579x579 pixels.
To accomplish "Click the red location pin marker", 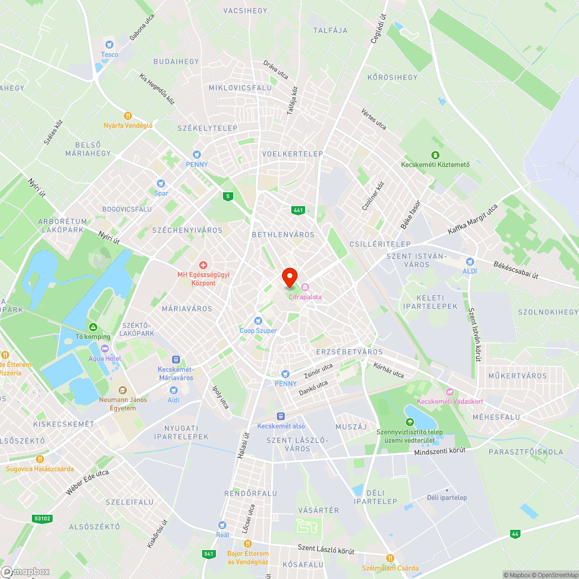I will pyautogui.click(x=289, y=277).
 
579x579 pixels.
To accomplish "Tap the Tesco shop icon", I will pyautogui.click(x=109, y=44).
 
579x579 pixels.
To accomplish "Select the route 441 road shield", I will pyautogui.click(x=298, y=210).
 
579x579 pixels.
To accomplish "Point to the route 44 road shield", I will pyautogui.click(x=515, y=533).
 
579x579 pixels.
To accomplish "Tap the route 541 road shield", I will pyautogui.click(x=208, y=554).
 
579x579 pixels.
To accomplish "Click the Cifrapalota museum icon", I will pyautogui.click(x=305, y=287).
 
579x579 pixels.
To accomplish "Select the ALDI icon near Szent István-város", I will pyautogui.click(x=470, y=261).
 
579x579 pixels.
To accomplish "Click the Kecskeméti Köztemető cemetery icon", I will pyautogui.click(x=435, y=155).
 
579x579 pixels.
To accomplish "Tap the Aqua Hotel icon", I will pyautogui.click(x=105, y=349).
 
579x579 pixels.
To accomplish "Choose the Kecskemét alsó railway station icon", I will pyautogui.click(x=281, y=416).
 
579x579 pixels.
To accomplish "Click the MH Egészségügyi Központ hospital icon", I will pyautogui.click(x=203, y=265).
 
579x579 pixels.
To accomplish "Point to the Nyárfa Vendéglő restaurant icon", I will pyautogui.click(x=128, y=115).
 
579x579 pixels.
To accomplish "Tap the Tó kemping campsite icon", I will pyautogui.click(x=92, y=327).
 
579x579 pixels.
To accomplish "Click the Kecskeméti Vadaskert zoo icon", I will pyautogui.click(x=450, y=392).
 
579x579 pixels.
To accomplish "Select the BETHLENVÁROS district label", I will pyautogui.click(x=283, y=234).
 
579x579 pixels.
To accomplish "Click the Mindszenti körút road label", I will pyautogui.click(x=439, y=450).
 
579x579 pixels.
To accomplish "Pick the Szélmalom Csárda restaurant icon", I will pyautogui.click(x=390, y=558).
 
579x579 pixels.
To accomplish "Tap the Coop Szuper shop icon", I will pyautogui.click(x=258, y=321).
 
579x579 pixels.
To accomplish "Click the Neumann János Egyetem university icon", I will pyautogui.click(x=122, y=390).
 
